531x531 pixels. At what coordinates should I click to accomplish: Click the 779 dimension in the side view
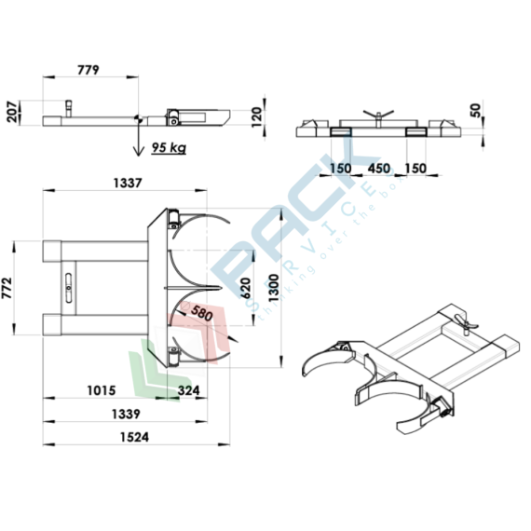click(87, 70)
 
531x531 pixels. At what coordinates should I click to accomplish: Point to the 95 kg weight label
click(166, 146)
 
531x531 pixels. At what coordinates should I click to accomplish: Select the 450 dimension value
click(378, 169)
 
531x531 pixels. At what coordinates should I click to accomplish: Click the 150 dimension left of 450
click(340, 169)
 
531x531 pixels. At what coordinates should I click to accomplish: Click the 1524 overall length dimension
click(135, 437)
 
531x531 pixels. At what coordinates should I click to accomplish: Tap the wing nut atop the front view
click(376, 116)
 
